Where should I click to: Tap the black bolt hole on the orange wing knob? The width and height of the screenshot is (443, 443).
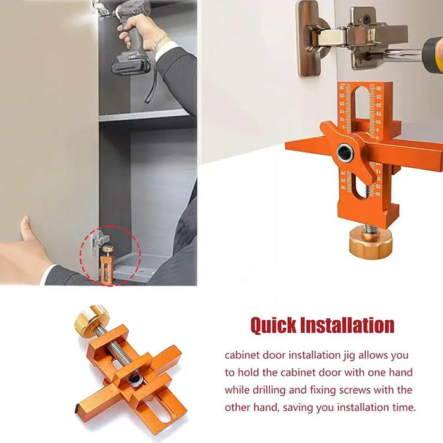pos(346,152)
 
